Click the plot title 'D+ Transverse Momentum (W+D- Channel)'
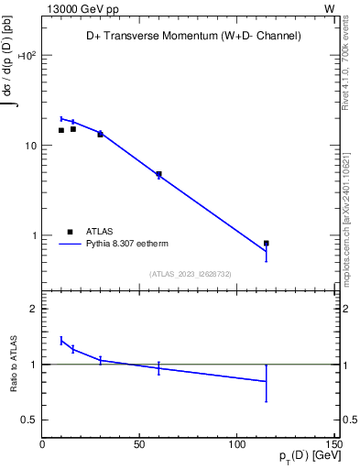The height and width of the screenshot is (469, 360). click(188, 36)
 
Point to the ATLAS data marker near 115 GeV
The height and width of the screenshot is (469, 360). click(267, 244)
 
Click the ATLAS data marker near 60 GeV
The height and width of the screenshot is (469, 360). click(158, 174)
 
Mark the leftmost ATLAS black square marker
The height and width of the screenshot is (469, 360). click(61, 130)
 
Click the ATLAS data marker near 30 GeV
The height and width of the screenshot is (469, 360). click(101, 134)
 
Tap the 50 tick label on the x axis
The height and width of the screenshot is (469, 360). click(140, 444)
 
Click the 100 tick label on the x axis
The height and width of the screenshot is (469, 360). click(237, 444)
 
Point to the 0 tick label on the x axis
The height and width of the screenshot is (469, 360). click(43, 444)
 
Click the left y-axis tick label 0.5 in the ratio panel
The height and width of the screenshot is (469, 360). click(29, 420)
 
